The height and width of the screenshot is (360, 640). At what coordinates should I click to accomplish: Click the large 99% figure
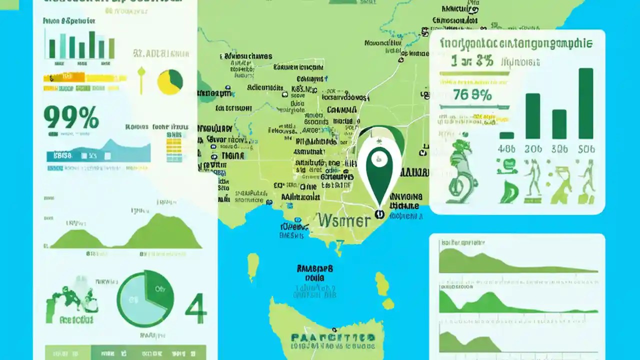point(71,118)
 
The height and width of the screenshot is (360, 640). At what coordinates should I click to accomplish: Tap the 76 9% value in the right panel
point(472,94)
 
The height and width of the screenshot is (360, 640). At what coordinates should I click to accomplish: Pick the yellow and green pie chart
point(170,81)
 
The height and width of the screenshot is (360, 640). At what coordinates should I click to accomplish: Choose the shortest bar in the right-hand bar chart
point(506,135)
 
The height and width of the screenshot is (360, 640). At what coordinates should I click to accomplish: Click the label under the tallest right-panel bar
point(586,148)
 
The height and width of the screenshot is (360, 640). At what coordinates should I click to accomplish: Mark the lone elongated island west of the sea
point(253,266)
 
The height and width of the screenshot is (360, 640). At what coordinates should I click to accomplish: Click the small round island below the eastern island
point(388,303)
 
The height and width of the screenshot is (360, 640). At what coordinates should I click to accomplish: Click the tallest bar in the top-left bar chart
point(92,45)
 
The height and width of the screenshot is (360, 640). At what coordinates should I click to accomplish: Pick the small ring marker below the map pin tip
point(379,214)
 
